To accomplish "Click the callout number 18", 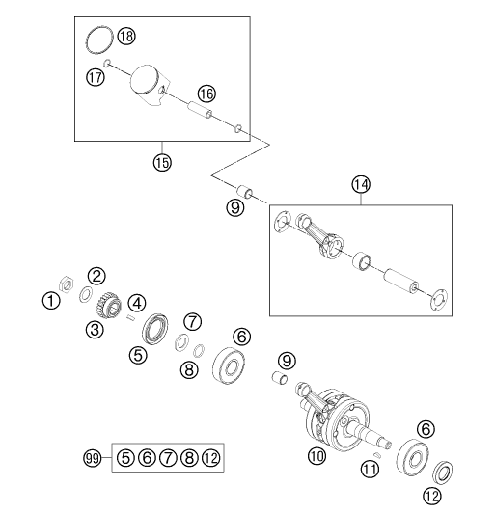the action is click(x=126, y=36).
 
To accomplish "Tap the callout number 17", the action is click(x=96, y=78).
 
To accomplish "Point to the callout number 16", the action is click(x=206, y=94).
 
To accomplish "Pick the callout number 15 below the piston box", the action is click(x=162, y=162).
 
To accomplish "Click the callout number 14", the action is click(x=361, y=185).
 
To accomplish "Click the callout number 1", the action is click(x=51, y=301).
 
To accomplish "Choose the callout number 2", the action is click(x=96, y=276).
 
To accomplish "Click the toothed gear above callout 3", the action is click(x=109, y=308).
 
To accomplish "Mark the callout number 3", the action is click(x=95, y=330).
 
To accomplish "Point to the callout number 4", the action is click(x=137, y=303).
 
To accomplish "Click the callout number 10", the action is click(x=316, y=456).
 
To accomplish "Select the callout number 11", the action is click(x=370, y=470).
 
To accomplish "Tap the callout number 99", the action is click(x=93, y=458).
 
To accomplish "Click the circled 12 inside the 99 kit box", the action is click(x=211, y=458).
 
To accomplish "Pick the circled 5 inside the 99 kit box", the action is click(x=125, y=458).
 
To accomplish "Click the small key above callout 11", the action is click(x=377, y=454).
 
